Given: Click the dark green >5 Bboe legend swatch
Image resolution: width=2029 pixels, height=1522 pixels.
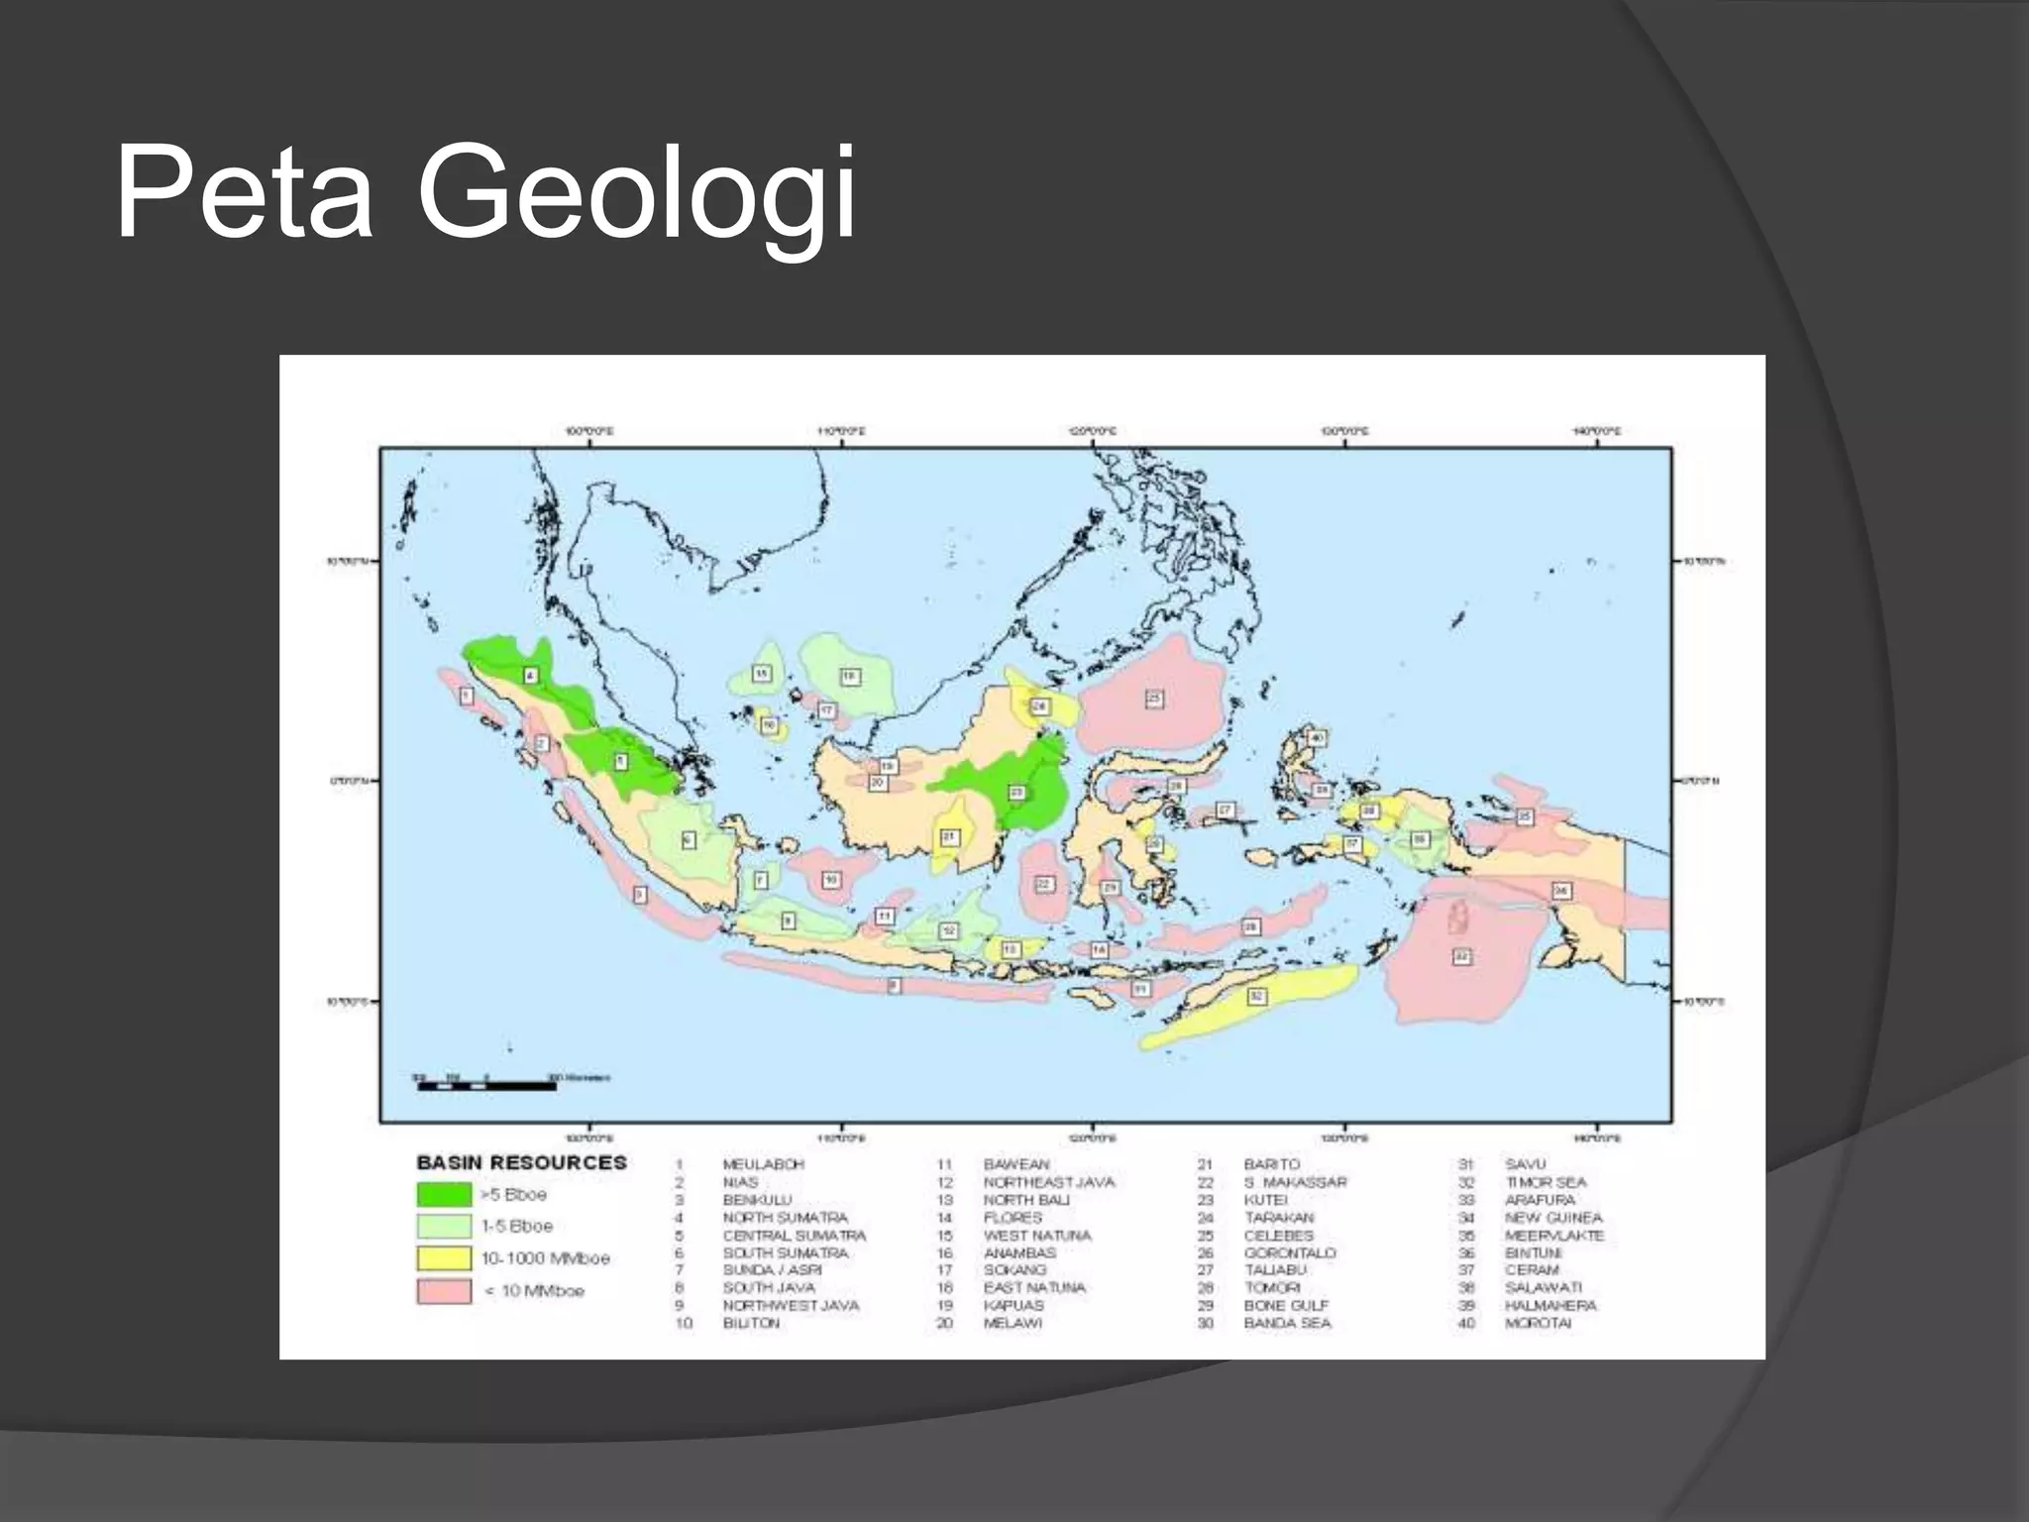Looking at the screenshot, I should click(x=443, y=1194).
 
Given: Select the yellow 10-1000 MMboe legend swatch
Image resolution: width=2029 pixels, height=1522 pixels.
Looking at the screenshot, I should click(x=443, y=1258).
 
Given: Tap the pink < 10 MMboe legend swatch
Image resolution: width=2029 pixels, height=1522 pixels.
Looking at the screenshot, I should click(x=443, y=1291).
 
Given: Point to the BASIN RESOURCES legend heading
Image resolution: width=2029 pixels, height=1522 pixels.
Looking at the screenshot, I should click(x=521, y=1162).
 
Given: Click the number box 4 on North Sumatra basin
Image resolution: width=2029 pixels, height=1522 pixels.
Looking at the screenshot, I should click(x=531, y=675).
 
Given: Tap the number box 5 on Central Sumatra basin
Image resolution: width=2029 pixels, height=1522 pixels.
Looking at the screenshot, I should click(x=621, y=761).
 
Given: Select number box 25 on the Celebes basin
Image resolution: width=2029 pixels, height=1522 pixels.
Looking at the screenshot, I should click(x=1154, y=699).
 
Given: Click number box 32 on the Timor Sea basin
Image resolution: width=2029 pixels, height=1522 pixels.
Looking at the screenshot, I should click(x=1255, y=996).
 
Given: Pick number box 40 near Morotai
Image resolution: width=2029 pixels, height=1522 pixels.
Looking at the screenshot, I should click(x=1317, y=738).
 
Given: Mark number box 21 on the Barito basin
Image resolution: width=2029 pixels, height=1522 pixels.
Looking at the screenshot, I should click(x=949, y=837).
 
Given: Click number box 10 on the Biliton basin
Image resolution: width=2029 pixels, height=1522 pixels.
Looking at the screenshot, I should click(x=831, y=879).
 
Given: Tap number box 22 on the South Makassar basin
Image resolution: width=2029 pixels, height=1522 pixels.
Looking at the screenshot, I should click(x=1044, y=884).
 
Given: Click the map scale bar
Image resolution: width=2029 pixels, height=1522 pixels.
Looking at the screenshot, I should click(x=485, y=1086).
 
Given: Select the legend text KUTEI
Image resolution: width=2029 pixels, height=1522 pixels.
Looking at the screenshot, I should click(x=1266, y=1200).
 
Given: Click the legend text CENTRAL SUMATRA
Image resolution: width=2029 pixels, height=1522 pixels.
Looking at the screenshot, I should click(x=794, y=1236).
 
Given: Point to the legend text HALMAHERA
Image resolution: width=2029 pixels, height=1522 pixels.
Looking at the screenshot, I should click(x=1550, y=1306).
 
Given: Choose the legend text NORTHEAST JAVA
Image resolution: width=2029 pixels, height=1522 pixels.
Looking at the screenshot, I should click(x=1048, y=1182).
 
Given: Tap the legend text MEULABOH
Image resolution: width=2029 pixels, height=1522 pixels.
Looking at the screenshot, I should click(x=763, y=1164).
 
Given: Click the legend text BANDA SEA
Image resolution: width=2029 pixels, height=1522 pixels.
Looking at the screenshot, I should click(x=1287, y=1323).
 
